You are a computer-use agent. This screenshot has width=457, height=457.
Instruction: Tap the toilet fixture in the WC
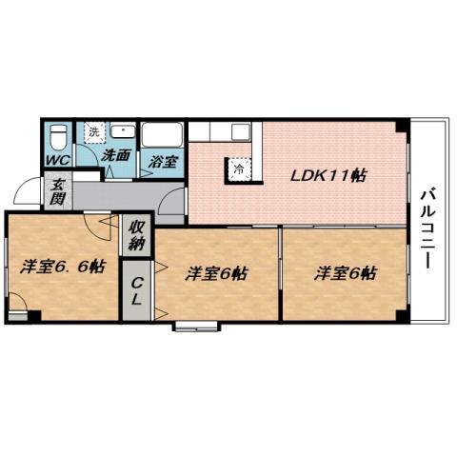click(57, 134)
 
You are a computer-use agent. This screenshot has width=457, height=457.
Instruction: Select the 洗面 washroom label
click(116, 155)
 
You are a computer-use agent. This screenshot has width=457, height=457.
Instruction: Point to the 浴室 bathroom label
click(162, 161)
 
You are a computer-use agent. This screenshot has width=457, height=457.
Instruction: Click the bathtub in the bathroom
click(162, 135)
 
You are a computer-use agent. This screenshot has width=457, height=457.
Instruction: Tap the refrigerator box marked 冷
click(235, 168)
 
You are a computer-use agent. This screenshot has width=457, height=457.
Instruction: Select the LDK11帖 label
click(329, 175)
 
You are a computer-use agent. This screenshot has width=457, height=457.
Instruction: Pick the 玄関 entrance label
click(57, 192)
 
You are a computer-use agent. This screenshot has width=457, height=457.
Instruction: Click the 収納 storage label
click(137, 234)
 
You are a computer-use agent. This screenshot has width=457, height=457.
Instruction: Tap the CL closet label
click(137, 288)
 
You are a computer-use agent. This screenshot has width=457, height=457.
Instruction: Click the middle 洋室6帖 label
click(217, 273)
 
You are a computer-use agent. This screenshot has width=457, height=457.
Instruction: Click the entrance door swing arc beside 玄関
click(29, 195)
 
